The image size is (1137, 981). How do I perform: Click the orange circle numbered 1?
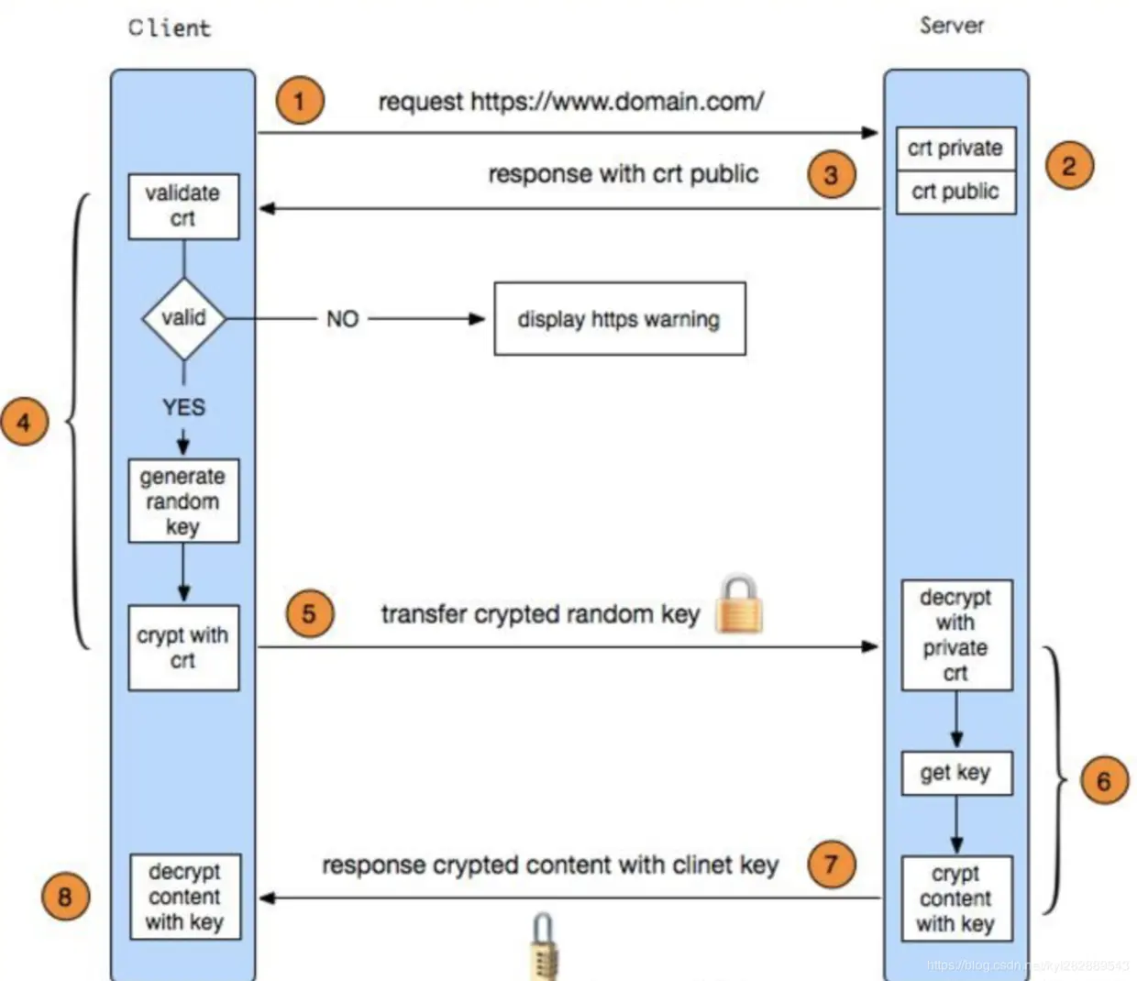[x=299, y=100]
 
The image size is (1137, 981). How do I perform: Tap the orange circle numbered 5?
[x=309, y=613]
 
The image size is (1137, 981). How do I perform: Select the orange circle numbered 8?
[x=65, y=896]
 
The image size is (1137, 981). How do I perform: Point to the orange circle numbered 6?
[x=1103, y=781]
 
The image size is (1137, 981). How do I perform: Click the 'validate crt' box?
[x=183, y=206]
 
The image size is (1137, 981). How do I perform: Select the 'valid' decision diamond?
[x=183, y=318]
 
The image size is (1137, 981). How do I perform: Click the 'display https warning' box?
[x=619, y=319]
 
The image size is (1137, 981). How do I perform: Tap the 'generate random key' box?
[x=183, y=501]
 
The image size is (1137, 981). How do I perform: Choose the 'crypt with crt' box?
[x=183, y=647]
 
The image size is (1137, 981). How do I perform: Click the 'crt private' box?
[x=955, y=149]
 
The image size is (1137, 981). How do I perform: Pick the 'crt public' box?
[x=955, y=192]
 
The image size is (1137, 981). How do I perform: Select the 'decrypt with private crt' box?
[x=956, y=634]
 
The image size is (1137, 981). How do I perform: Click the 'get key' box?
[x=956, y=773]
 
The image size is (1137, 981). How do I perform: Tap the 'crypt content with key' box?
[x=956, y=898]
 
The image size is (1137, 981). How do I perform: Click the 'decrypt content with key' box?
[x=184, y=897]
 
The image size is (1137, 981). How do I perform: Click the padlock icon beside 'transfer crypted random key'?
[x=738, y=605]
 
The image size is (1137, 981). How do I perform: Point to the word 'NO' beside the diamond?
[x=342, y=319]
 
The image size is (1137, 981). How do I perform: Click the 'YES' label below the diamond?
[x=183, y=407]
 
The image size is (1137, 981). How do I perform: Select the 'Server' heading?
[x=952, y=26]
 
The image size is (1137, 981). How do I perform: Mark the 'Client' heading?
[x=170, y=28]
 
